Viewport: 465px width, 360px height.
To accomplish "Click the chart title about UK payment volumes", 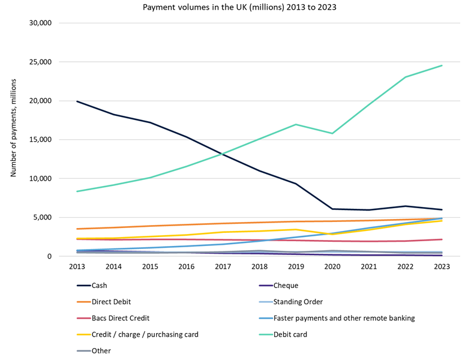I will pyautogui.click(x=233, y=8).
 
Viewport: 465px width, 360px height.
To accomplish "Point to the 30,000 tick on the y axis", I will pyautogui.click(x=41, y=23).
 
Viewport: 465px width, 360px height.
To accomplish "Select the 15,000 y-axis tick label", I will pyautogui.click(x=41, y=140).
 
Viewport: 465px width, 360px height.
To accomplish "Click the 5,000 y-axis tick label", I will pyautogui.click(x=43, y=217).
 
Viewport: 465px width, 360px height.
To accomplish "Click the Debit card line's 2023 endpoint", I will pyautogui.click(x=442, y=65).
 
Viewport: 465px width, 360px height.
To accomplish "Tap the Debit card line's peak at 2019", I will pyautogui.click(x=296, y=124).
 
